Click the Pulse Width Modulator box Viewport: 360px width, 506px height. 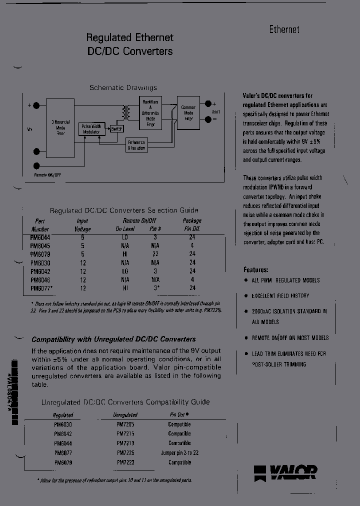point(91,129)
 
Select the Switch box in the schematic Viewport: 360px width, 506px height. point(116,129)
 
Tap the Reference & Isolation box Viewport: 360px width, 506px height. point(136,145)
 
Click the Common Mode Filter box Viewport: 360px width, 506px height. point(188,113)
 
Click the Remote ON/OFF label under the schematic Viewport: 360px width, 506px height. point(48,174)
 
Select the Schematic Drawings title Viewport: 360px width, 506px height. point(123,87)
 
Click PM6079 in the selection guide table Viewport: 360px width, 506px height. point(40,254)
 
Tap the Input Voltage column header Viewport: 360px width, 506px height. point(82,225)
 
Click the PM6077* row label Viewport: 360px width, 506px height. point(41,288)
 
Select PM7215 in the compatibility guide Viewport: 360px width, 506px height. point(125,433)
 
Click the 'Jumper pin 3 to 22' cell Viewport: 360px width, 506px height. point(179,452)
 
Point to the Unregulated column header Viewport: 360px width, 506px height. point(125,415)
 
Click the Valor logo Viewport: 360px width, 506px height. point(285,471)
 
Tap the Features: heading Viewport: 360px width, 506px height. point(256,269)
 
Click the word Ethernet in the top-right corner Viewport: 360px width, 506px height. point(284,29)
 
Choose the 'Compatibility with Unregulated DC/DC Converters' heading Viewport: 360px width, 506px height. point(113,339)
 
